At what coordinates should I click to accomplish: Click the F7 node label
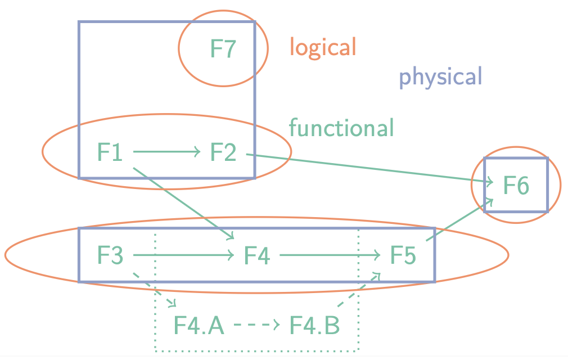click(x=223, y=49)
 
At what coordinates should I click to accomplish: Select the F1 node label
click(x=110, y=152)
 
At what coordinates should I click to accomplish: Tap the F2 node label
click(x=223, y=152)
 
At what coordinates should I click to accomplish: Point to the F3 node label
click(x=110, y=255)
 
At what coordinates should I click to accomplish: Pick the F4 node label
click(x=256, y=255)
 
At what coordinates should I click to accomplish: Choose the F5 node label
click(x=403, y=255)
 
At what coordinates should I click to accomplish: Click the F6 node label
click(x=516, y=185)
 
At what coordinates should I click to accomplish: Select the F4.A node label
click(x=199, y=325)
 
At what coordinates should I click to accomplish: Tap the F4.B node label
click(x=314, y=325)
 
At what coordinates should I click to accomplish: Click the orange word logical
click(x=323, y=47)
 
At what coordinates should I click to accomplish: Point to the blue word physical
click(x=440, y=76)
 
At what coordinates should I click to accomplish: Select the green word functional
click(x=341, y=128)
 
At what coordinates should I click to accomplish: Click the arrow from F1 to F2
click(x=166, y=151)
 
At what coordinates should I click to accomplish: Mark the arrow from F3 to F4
click(x=183, y=255)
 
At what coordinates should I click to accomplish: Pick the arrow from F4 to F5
click(x=330, y=255)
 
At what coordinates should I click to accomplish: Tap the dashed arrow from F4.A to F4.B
click(x=256, y=325)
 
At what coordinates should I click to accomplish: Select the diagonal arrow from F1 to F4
click(x=183, y=203)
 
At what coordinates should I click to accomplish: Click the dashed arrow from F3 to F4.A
click(x=155, y=290)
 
